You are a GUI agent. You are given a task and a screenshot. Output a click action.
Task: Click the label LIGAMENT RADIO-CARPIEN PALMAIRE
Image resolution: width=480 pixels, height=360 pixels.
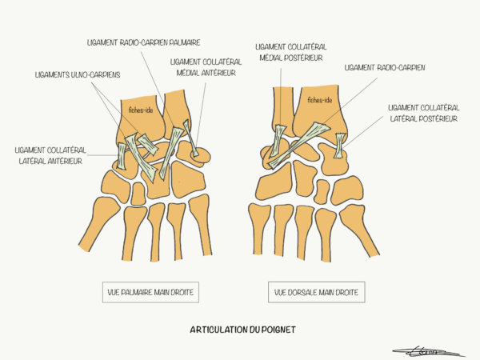tap(143, 42)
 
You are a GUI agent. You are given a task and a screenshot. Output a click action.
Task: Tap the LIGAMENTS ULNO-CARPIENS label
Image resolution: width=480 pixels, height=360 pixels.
tap(78, 75)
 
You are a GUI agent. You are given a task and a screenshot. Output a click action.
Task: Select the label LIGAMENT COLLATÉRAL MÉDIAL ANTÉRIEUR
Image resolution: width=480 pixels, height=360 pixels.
tap(206, 68)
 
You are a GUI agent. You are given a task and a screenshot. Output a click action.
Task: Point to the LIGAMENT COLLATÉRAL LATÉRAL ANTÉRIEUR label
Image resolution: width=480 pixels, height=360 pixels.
tap(50, 155)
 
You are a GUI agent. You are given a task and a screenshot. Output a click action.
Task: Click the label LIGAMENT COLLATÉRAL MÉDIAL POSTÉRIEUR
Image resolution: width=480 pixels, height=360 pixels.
tap(291, 52)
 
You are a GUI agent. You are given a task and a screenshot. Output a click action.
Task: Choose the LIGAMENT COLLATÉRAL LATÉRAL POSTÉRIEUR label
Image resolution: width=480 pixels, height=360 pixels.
tap(424, 114)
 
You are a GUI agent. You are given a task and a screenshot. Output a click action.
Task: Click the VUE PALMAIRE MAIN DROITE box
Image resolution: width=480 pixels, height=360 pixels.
tap(150, 292)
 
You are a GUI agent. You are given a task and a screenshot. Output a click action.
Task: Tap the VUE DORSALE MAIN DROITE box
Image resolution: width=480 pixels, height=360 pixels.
tap(317, 292)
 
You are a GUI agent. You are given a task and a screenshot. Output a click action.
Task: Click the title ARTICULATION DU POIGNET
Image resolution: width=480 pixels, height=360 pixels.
tap(242, 330)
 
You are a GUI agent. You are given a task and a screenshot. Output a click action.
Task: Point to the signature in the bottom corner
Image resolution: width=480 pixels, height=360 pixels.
tap(428, 352)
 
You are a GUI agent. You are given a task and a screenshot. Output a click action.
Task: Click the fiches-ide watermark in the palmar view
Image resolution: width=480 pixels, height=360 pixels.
tap(141, 110)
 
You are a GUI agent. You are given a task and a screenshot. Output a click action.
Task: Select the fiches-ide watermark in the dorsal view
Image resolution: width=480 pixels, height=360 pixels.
tap(320, 100)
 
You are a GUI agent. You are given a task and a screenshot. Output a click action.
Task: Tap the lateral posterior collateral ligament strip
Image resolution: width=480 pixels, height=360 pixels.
tap(339, 146)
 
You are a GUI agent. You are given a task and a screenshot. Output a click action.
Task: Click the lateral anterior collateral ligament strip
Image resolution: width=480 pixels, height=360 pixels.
tap(122, 156)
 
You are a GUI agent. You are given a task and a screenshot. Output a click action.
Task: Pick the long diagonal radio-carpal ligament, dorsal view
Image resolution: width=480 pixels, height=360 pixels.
tap(298, 146)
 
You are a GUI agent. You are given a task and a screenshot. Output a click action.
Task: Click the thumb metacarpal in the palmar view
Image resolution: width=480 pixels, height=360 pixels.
tap(99, 223)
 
